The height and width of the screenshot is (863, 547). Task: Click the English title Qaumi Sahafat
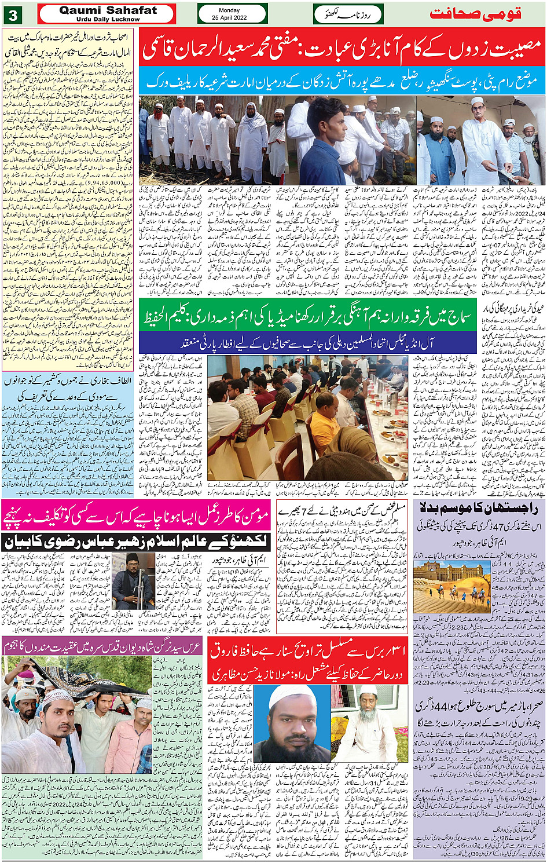pos(108,10)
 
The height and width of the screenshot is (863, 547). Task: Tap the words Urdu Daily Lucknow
pos(108,19)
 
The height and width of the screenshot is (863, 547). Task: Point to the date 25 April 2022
pos(233,17)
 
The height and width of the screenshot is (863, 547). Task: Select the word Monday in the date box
pos(233,10)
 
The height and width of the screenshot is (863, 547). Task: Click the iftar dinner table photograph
pos(308,426)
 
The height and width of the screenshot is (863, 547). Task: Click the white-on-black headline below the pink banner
pos(135,542)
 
